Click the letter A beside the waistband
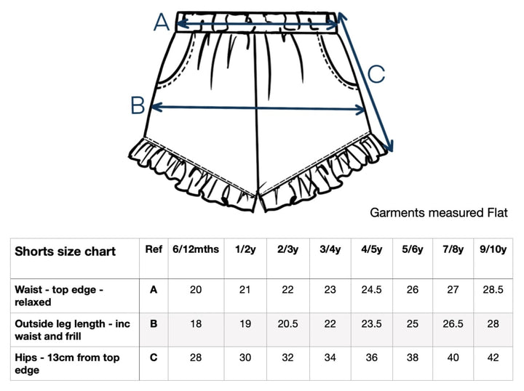pyautogui.click(x=162, y=23)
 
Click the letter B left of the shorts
pyautogui.click(x=138, y=105)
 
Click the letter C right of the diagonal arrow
pyautogui.click(x=377, y=74)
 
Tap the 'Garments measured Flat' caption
pyautogui.click(x=439, y=212)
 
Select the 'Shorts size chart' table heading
pyautogui.click(x=65, y=251)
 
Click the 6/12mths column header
pyautogui.click(x=196, y=249)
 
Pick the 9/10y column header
pyautogui.click(x=493, y=249)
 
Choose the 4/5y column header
pyautogui.click(x=372, y=249)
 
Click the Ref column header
pyautogui.click(x=154, y=249)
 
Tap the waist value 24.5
pyautogui.click(x=372, y=289)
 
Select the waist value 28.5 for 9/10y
pyautogui.click(x=493, y=289)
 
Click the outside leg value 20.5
pyautogui.click(x=287, y=323)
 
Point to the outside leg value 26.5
pyautogui.click(x=453, y=323)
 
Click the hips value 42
pyautogui.click(x=493, y=358)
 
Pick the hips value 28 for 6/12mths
pyautogui.click(x=196, y=358)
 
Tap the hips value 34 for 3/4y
pyautogui.click(x=330, y=358)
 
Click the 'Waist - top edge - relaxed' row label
pyautogui.click(x=59, y=296)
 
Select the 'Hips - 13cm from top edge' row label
pyautogui.click(x=67, y=363)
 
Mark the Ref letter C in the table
pyautogui.click(x=154, y=358)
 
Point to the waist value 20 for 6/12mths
pyautogui.click(x=196, y=289)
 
